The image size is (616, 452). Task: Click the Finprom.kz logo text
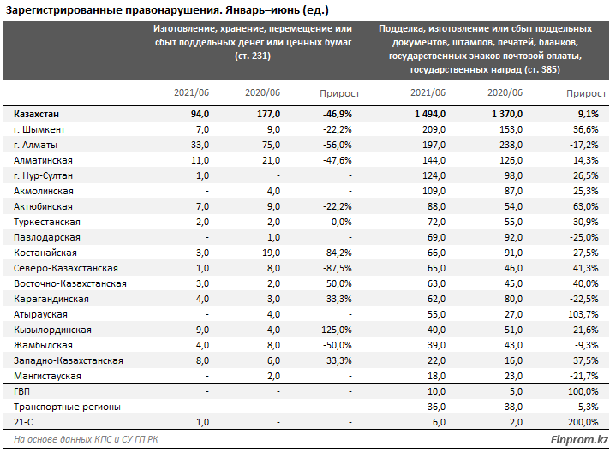[578, 439]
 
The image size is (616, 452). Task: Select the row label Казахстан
[36, 114]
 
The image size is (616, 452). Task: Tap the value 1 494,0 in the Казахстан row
[430, 114]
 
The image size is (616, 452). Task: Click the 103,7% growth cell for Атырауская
[583, 314]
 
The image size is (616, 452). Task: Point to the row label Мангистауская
[47, 376]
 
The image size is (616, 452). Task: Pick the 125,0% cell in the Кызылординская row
[337, 330]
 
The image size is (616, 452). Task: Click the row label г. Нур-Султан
[43, 176]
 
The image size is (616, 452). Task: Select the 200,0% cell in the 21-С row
[583, 423]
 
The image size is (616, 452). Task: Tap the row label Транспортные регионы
[67, 407]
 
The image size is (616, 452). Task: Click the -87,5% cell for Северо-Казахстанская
[337, 268]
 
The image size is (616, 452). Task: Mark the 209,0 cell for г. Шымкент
[434, 129]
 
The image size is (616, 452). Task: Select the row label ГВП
[21, 391]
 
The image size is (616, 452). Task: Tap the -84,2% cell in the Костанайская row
[337, 253]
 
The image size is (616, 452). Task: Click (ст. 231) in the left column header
[253, 56]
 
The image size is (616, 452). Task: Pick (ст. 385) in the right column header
[542, 70]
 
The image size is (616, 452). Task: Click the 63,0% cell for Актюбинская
[585, 206]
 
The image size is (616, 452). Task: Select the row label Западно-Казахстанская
[69, 361]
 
